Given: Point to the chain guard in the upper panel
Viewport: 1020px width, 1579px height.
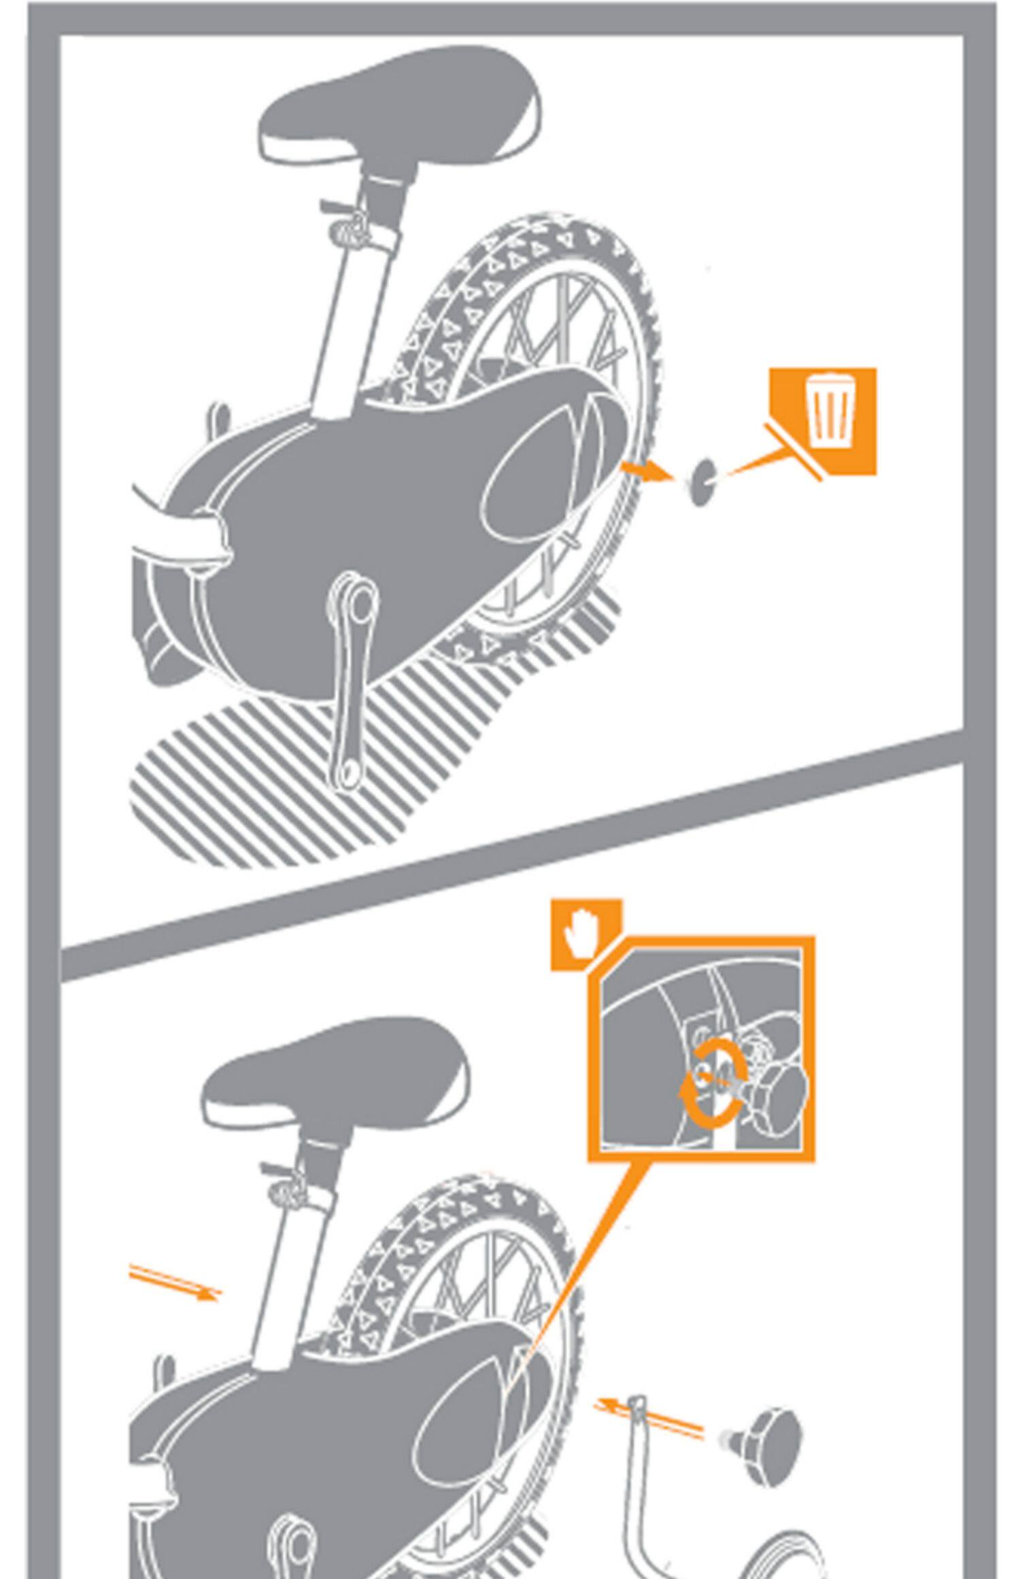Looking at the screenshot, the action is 381,517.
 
